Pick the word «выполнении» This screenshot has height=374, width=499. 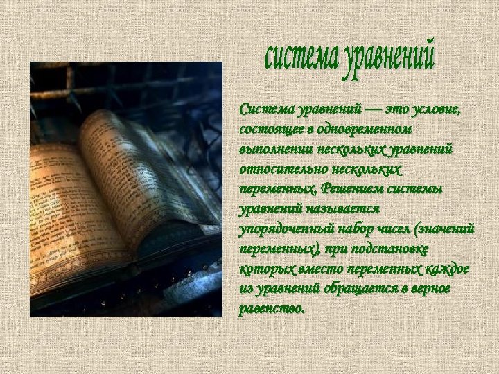[x=274, y=149]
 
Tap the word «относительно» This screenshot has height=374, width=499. [x=275, y=168]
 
